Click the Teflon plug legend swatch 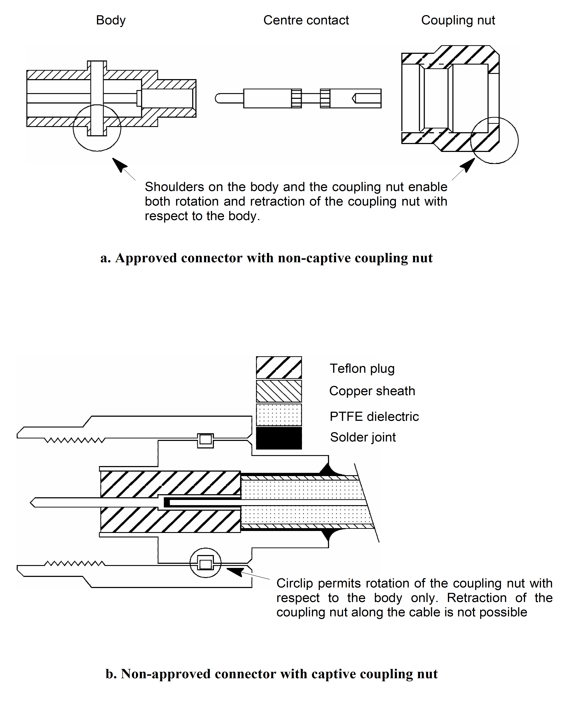[x=279, y=368]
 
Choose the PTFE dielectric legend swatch [x=279, y=415]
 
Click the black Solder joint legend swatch [x=279, y=438]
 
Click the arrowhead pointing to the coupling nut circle [x=468, y=165]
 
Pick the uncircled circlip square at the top [x=205, y=440]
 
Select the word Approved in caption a [x=146, y=258]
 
